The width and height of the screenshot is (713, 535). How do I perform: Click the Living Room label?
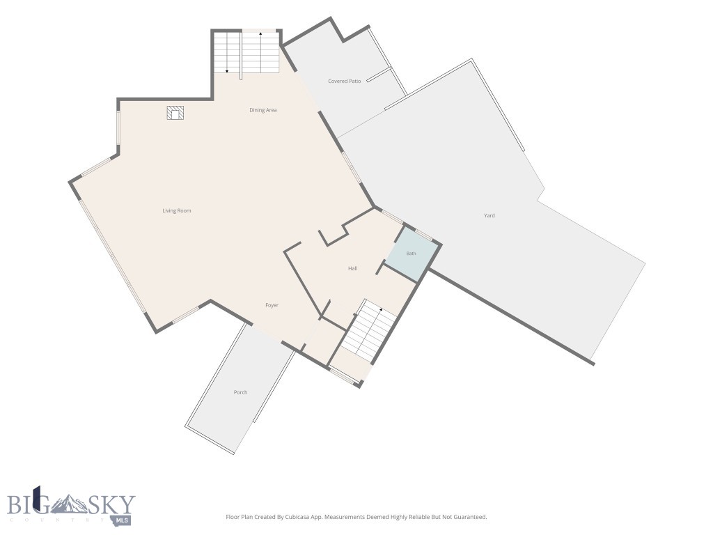click(176, 210)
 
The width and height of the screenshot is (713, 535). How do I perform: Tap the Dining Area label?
click(263, 110)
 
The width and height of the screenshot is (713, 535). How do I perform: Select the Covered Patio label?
click(344, 81)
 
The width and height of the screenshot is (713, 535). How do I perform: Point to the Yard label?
click(489, 216)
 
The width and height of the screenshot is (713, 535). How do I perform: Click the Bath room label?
click(411, 254)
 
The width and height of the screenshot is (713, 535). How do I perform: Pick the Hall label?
click(352, 268)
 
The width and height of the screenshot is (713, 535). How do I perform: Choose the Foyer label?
click(272, 305)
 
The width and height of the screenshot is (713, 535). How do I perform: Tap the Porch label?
click(240, 392)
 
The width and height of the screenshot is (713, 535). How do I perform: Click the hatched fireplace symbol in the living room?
click(175, 113)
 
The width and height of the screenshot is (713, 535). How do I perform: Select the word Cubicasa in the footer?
click(295, 517)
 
